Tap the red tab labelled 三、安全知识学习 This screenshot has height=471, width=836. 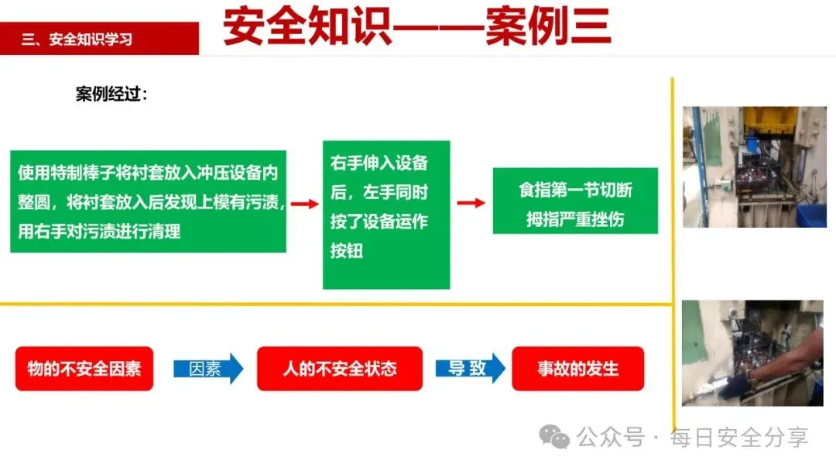tap(99, 39)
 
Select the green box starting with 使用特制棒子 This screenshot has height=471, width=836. tap(148, 201)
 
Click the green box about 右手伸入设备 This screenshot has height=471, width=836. tap(385, 215)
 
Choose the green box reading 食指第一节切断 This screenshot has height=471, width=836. tap(575, 201)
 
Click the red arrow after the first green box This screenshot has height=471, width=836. tap(304, 204)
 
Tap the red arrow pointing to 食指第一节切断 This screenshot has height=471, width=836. tap(471, 203)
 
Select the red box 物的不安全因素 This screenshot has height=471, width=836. tap(84, 369)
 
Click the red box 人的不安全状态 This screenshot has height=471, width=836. tap(340, 369)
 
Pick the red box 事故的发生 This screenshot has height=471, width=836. tap(578, 369)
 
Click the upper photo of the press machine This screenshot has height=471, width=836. tap(743, 167)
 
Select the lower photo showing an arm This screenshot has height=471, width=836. tap(752, 353)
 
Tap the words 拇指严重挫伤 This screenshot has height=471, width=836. tap(575, 219)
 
